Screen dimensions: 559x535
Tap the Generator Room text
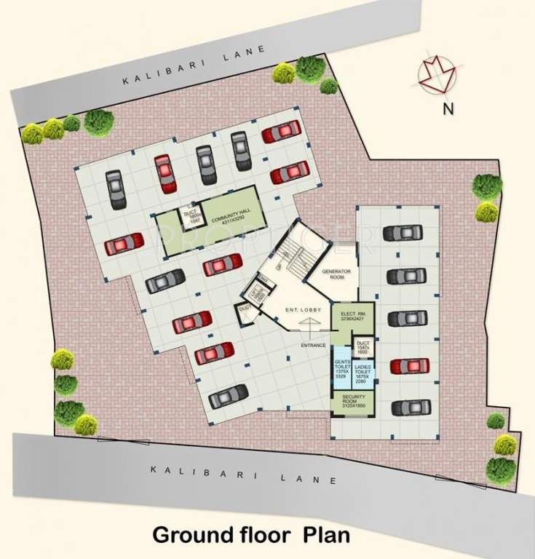point(337,274)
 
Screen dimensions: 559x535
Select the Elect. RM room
point(353,317)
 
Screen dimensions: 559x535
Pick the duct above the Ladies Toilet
point(364,346)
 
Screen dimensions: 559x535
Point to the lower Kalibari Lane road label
point(244,474)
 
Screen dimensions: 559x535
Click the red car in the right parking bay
point(409,365)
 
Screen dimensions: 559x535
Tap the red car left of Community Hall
point(123,245)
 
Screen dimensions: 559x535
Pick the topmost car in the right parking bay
point(402,233)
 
